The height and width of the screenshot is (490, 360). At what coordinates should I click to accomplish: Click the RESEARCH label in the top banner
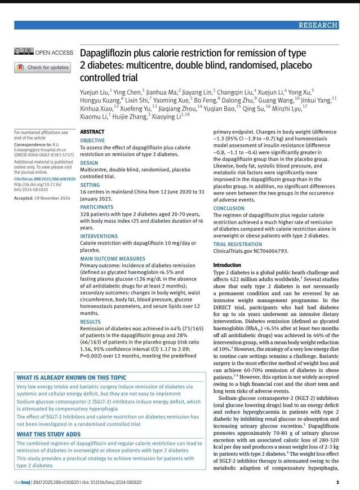click(x=318, y=25)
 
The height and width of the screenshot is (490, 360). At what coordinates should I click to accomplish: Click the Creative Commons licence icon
click(x=24, y=52)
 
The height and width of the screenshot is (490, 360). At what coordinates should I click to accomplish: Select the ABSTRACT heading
click(x=92, y=131)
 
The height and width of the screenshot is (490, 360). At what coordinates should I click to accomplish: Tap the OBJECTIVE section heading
click(x=92, y=140)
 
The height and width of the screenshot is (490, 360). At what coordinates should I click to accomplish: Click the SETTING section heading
click(x=90, y=184)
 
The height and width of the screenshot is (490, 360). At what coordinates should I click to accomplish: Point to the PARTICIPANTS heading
click(x=96, y=206)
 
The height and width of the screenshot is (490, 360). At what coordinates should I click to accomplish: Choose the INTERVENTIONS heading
click(x=99, y=235)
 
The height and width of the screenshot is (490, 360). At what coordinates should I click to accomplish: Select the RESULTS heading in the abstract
click(x=90, y=322)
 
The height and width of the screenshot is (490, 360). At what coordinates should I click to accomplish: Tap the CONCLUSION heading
click(x=229, y=208)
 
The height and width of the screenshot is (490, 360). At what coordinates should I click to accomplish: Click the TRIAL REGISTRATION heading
click(x=237, y=244)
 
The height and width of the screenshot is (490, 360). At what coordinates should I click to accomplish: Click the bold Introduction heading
click(x=227, y=265)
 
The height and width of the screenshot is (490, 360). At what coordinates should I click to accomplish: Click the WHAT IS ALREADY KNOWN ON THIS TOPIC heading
click(x=72, y=377)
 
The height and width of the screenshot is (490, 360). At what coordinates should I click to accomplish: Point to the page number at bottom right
click(x=337, y=483)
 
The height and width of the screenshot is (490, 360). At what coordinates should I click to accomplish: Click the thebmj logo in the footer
click(x=23, y=483)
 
